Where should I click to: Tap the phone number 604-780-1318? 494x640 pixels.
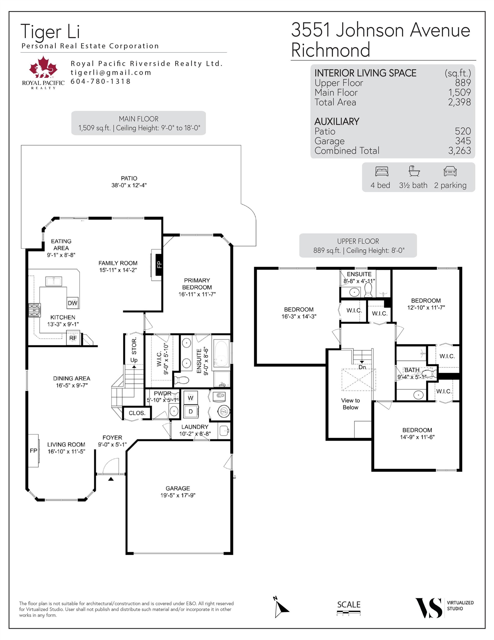[100, 81]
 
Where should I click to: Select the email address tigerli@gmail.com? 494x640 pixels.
[111, 72]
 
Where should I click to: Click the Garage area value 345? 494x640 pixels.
[463, 141]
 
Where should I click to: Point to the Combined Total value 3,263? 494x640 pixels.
[459, 151]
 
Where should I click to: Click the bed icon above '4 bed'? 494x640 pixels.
[382, 171]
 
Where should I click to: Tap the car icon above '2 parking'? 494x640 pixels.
[450, 171]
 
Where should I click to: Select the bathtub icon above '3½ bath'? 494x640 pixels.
[414, 171]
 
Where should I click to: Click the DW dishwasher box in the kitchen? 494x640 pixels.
[72, 303]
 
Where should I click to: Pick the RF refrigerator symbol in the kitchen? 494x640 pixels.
[73, 338]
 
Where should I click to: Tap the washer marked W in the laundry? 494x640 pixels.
[191, 398]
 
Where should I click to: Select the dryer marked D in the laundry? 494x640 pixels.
[191, 411]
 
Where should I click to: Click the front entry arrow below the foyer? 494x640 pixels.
[111, 479]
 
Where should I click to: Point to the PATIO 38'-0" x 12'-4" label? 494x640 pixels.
[129, 182]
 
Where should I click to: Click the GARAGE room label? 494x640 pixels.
[178, 488]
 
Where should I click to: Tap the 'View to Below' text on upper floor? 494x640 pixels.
[350, 404]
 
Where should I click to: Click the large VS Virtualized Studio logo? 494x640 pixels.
[429, 608]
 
